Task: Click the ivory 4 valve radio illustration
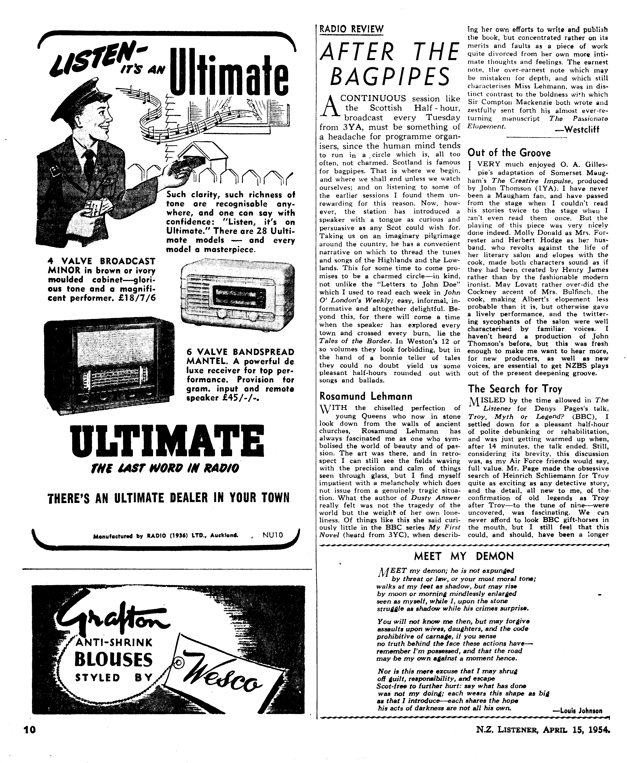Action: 237,292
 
